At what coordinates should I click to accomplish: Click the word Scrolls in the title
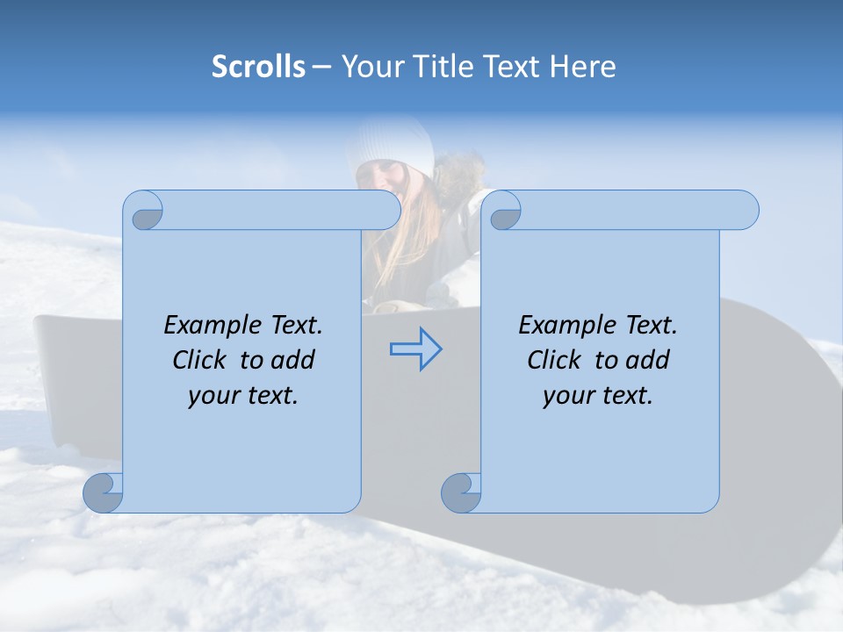[258, 67]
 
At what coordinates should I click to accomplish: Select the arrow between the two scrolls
[415, 349]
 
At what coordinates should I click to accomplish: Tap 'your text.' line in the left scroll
[243, 396]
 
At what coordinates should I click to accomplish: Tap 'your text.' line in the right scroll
[598, 396]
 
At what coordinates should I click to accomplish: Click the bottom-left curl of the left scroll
[103, 493]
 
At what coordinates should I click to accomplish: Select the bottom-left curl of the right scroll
[460, 493]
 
